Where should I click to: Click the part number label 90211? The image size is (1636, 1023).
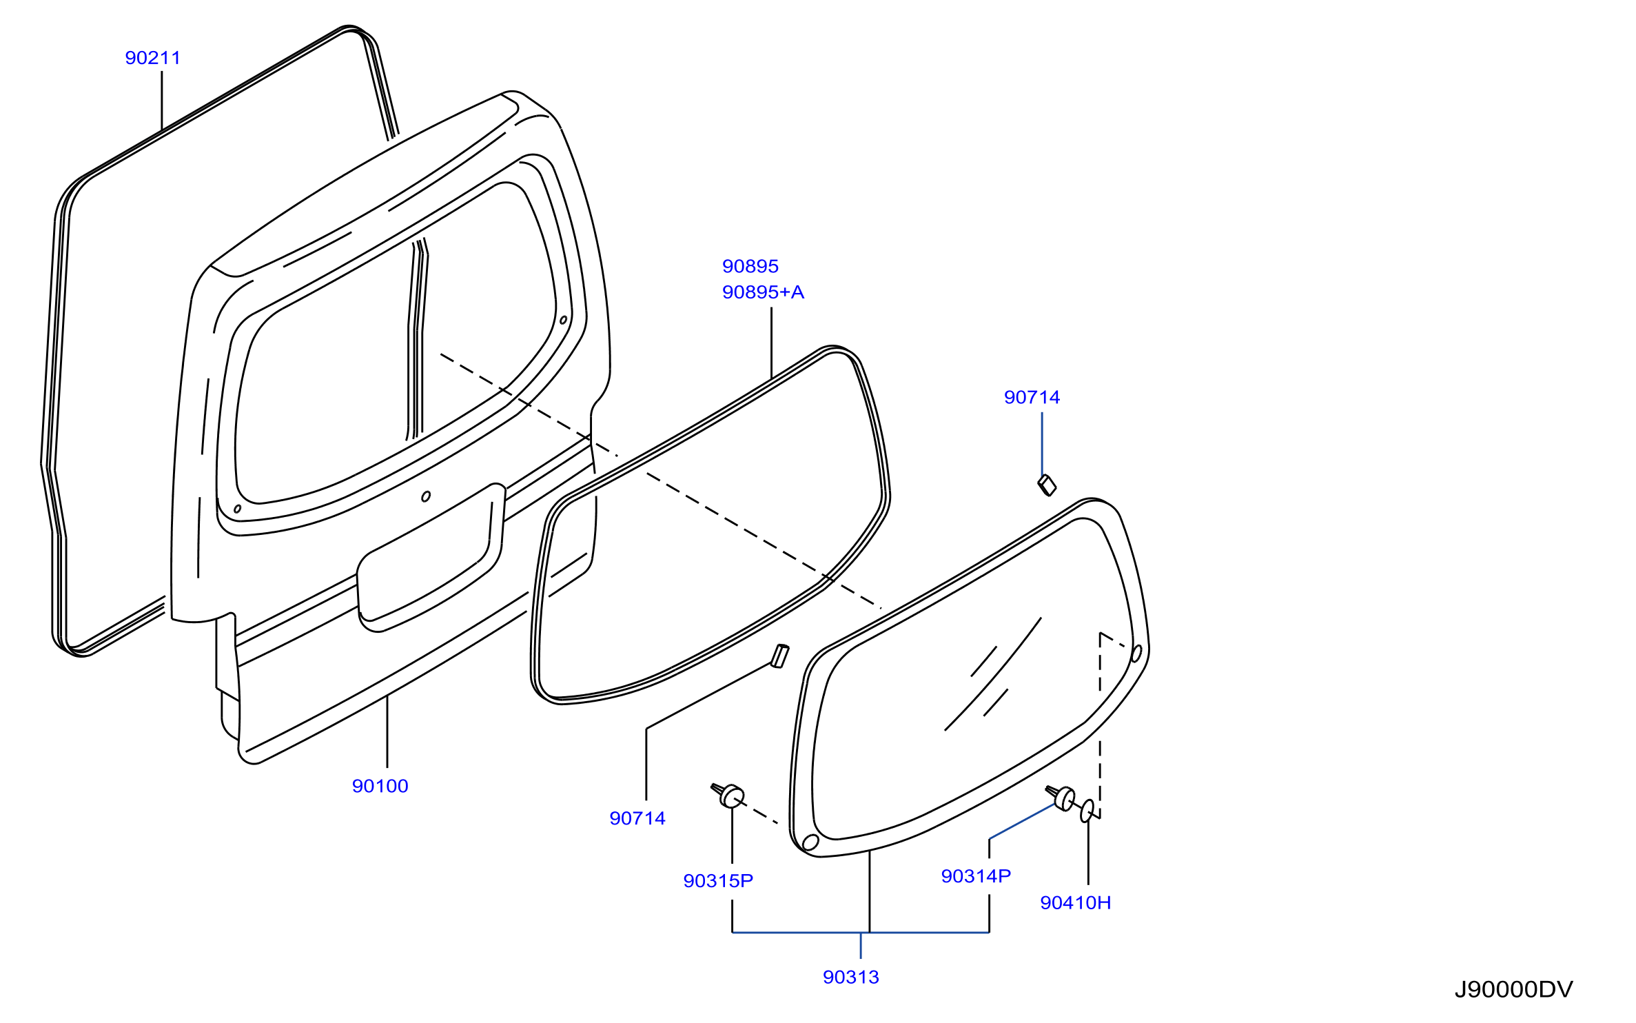[x=152, y=58]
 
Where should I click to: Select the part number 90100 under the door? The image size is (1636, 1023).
[x=380, y=786]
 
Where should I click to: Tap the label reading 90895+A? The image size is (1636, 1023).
[x=763, y=292]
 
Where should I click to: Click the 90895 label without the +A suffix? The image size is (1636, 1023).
[x=750, y=266]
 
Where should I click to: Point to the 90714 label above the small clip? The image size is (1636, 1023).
[x=1032, y=397]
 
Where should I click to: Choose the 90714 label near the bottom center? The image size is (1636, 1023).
[x=637, y=818]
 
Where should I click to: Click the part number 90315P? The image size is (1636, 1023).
[x=718, y=881]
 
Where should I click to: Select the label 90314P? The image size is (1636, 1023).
[x=976, y=876]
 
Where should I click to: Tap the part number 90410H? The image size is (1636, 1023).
[x=1075, y=903]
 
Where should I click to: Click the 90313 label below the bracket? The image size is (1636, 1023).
[x=851, y=977]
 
